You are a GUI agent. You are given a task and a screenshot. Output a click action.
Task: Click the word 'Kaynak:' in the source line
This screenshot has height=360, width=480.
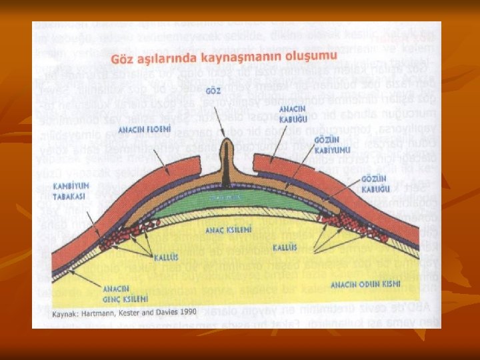[x=66, y=311]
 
